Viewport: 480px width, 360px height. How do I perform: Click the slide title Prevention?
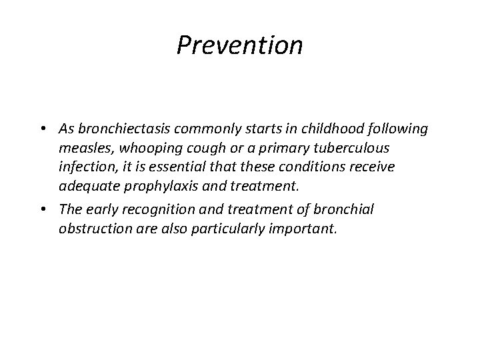click(240, 45)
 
